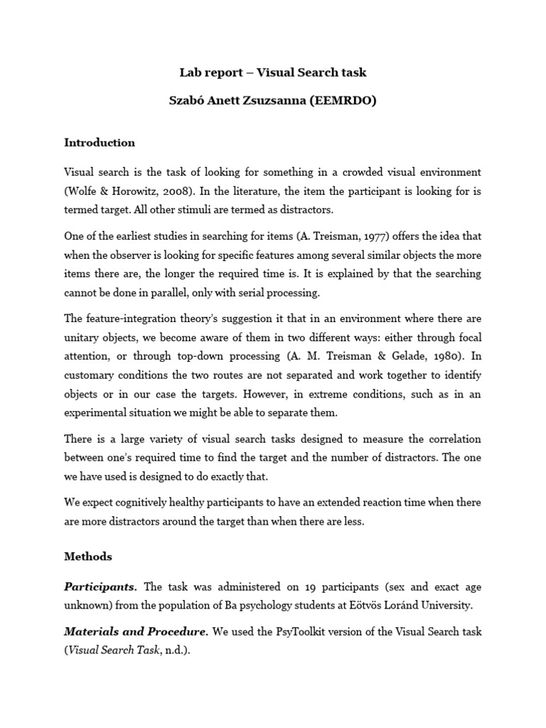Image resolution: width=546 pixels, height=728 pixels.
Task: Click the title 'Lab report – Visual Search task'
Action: (x=273, y=73)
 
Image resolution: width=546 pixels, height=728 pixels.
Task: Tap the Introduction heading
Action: (x=100, y=142)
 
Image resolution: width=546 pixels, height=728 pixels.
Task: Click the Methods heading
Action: (x=88, y=557)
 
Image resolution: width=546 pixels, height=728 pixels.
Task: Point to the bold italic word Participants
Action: (x=101, y=587)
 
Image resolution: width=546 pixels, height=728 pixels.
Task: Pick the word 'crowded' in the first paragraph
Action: (x=364, y=172)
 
